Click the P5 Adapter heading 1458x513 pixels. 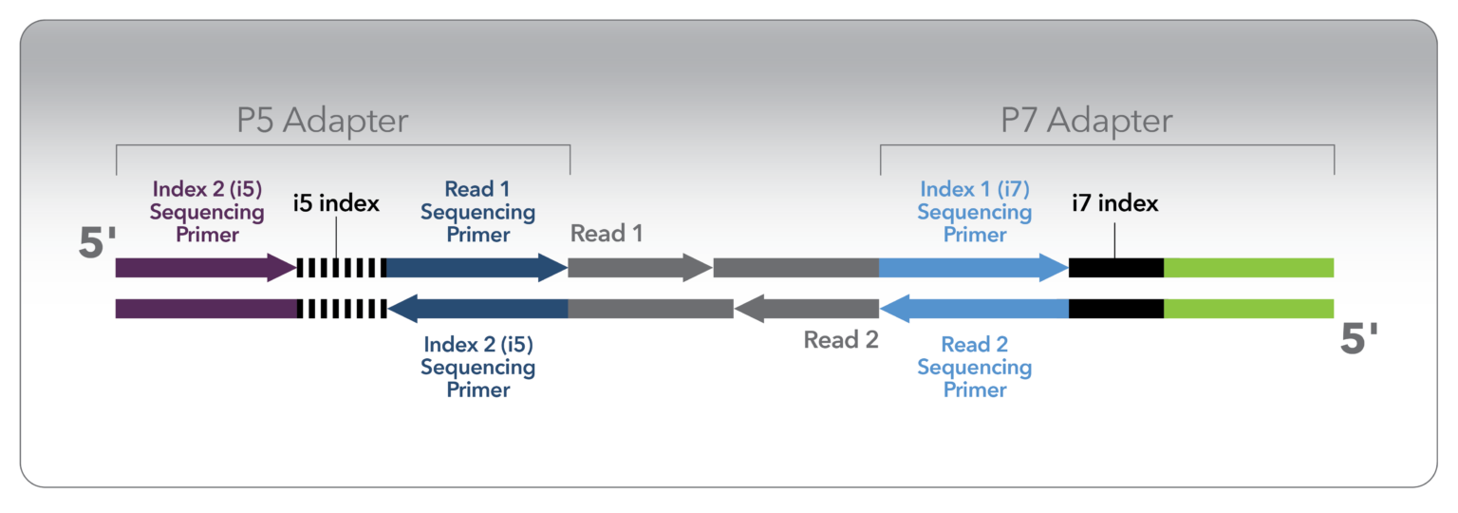tap(323, 121)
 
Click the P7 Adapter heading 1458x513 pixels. tap(1087, 121)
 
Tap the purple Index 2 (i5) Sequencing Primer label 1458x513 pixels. tap(206, 211)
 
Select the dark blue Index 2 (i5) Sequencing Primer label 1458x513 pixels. tap(478, 367)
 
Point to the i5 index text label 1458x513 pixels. tap(336, 203)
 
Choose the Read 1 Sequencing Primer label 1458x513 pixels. tap(477, 211)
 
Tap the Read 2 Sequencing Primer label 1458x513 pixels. tap(974, 367)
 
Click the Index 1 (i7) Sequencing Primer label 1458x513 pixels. tap(974, 211)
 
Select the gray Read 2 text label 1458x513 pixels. tap(841, 339)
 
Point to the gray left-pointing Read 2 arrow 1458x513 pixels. tap(806, 309)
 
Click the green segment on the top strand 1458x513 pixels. tap(1248, 268)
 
